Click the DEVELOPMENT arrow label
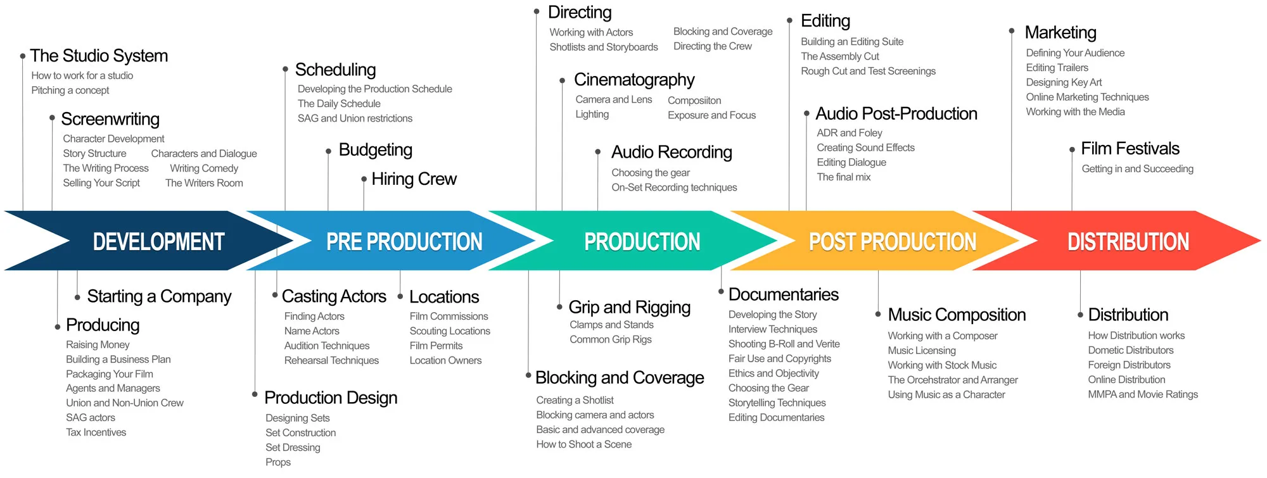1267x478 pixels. [158, 242]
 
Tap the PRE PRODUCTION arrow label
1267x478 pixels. [404, 242]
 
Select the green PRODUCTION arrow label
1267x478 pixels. [642, 242]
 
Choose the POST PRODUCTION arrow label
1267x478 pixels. [893, 242]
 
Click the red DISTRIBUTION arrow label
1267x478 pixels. [1128, 242]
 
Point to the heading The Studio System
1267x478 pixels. [99, 56]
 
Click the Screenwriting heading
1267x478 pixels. [110, 119]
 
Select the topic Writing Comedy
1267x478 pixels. [204, 168]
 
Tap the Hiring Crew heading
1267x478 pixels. [414, 179]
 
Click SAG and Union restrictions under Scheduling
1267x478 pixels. [355, 118]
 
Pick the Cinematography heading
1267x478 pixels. [634, 80]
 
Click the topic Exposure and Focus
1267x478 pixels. [711, 115]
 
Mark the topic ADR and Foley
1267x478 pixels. [849, 133]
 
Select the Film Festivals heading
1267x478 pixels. [1130, 149]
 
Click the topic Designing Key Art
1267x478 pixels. [1064, 82]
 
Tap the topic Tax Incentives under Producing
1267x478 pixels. [96, 432]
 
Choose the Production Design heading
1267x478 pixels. [331, 398]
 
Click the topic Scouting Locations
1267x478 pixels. [450, 331]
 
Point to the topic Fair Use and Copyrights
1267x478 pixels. [779, 359]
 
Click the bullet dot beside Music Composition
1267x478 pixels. [878, 314]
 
